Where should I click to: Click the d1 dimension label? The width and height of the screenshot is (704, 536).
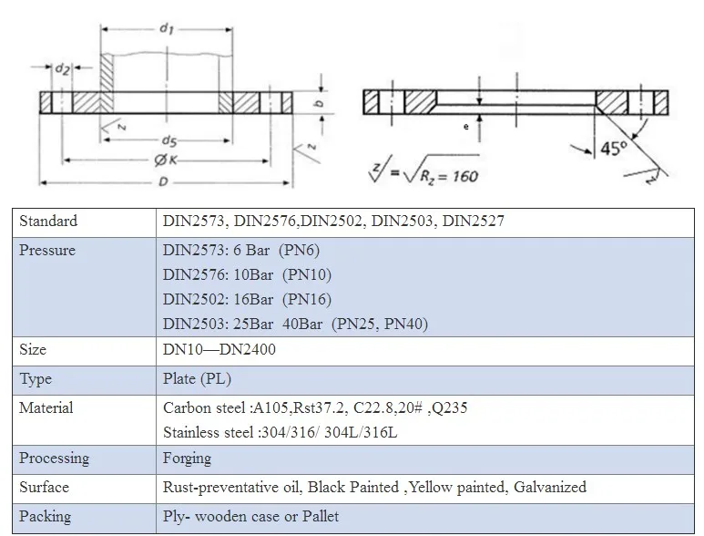[x=166, y=29]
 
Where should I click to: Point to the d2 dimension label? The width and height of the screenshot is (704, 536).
[x=63, y=68]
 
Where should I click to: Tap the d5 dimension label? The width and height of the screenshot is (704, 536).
[x=168, y=139]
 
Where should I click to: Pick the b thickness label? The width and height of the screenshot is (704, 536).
[x=320, y=103]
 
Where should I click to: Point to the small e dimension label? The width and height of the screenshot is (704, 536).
[x=465, y=127]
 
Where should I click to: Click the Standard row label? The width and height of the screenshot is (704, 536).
[x=48, y=222]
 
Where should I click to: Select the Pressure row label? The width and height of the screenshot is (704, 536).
[x=46, y=251]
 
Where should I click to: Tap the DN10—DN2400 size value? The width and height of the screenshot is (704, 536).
[x=219, y=350]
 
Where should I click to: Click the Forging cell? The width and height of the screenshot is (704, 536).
[x=187, y=459]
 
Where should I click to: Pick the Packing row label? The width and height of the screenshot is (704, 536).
[x=45, y=516]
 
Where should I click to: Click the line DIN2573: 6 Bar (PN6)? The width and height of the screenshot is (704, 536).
[x=241, y=251]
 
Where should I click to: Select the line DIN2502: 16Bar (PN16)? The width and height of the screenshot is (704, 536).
[x=247, y=300]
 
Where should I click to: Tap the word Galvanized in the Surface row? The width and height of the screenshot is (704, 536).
[x=550, y=488]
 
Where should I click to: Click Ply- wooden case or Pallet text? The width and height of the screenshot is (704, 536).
[x=250, y=517]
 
